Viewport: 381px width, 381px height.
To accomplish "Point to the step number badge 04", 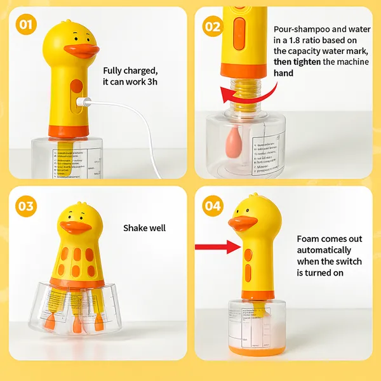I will coord(213,206).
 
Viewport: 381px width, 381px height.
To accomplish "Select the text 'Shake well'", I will coord(144,227).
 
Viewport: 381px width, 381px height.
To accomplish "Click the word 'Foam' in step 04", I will coord(310,239).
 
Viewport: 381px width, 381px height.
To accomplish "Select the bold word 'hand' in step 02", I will coord(284,74).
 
